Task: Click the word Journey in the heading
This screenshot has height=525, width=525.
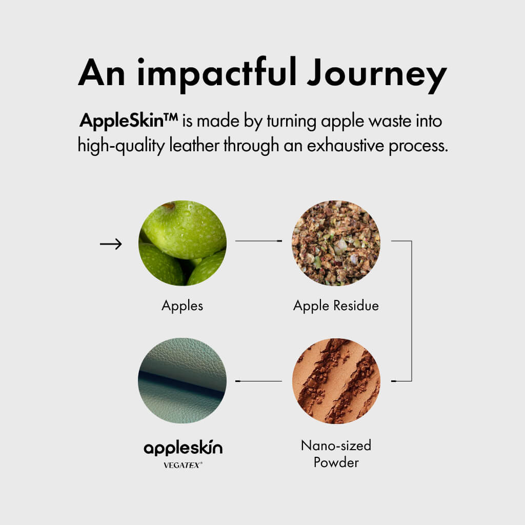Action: [x=377, y=75]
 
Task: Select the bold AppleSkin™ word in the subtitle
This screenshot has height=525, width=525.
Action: [x=129, y=121]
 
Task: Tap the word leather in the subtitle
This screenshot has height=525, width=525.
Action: [x=194, y=145]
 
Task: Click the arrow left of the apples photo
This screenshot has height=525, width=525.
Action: [x=111, y=244]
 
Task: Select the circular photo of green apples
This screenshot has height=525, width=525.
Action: [x=183, y=243]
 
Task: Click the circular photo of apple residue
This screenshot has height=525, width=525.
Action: [x=336, y=243]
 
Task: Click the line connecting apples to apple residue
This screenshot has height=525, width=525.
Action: [x=258, y=241]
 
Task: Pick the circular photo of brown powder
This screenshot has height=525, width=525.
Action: [x=336, y=381]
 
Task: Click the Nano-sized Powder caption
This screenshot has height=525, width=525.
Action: [x=336, y=454]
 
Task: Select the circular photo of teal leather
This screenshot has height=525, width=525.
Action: [x=182, y=381]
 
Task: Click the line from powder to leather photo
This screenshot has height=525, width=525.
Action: [x=258, y=381]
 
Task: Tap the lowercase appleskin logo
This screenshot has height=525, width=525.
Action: [x=183, y=448]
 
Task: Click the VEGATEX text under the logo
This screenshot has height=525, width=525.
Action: [x=183, y=465]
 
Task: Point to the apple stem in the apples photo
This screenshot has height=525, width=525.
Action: [x=168, y=205]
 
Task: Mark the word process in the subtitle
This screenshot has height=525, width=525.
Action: [x=418, y=146]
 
